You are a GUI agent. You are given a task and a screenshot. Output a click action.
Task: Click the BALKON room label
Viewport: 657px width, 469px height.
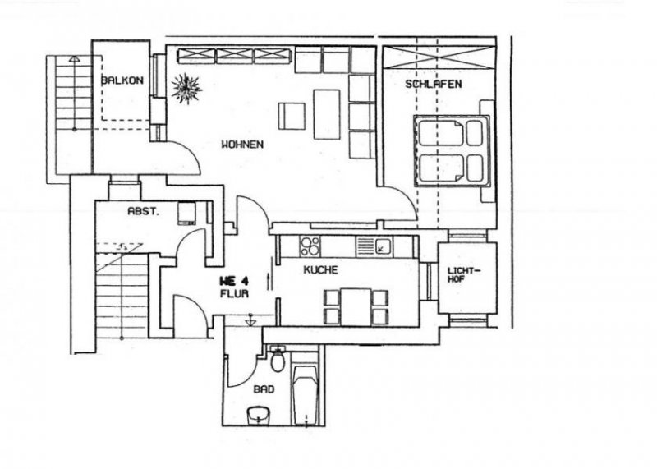[122, 81]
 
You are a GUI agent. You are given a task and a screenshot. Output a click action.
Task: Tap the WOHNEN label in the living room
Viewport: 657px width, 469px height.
[242, 145]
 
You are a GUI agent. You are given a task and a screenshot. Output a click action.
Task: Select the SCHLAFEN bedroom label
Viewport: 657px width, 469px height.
[433, 85]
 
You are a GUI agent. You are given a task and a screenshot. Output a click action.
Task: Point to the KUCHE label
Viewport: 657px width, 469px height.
[319, 269]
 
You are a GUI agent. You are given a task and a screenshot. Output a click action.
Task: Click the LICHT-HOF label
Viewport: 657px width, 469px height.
[466, 277]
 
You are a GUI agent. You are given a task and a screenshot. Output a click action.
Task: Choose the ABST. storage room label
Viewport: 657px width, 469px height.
[143, 211]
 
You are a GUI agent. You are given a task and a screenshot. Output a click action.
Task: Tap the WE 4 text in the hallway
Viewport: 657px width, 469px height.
[234, 279]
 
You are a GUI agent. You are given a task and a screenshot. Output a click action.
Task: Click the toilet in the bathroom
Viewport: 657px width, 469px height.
[278, 361]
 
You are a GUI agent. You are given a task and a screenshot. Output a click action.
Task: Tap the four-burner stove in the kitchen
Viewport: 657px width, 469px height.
[310, 245]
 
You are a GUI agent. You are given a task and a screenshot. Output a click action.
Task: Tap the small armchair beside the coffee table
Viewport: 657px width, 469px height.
[292, 114]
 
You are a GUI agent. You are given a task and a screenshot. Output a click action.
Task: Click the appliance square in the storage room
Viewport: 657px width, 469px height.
[186, 213]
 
